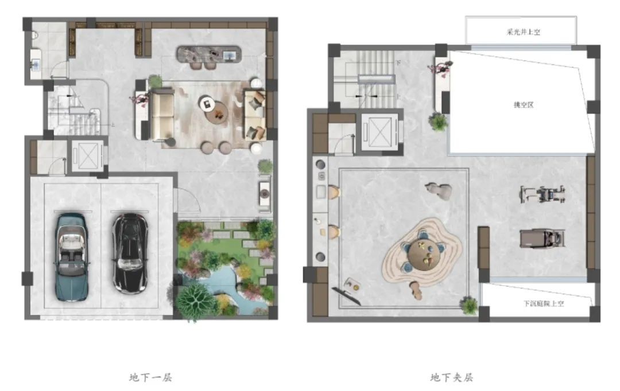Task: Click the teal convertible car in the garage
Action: (71, 257)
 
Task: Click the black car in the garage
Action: (130, 253)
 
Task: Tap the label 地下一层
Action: (150, 378)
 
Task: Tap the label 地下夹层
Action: (452, 378)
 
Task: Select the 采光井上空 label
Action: (523, 32)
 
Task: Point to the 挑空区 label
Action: (524, 105)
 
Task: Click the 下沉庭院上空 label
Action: (544, 303)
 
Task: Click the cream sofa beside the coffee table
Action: (161, 115)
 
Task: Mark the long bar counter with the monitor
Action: (209, 54)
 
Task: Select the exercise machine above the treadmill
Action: (542, 194)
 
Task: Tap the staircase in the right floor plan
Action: (366, 79)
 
